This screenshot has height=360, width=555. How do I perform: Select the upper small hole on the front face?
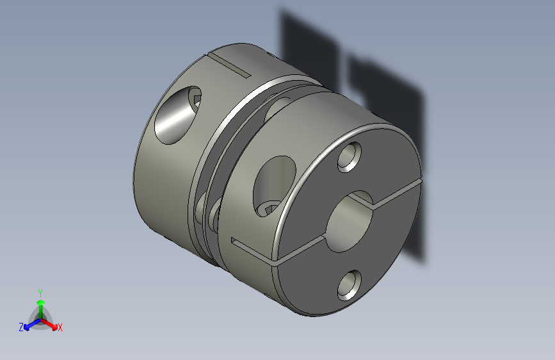click(x=350, y=157)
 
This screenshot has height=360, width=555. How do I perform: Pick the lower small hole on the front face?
click(x=350, y=286)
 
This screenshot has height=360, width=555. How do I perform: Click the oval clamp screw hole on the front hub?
click(x=275, y=186)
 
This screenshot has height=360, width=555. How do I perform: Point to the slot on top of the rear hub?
click(x=230, y=64)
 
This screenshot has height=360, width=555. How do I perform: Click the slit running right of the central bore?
click(x=397, y=192)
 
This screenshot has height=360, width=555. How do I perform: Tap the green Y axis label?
click(x=40, y=293)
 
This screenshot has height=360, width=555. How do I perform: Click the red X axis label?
click(x=60, y=327)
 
